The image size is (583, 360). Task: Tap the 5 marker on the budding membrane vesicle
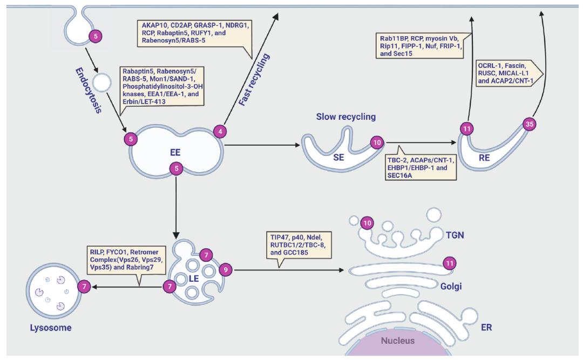click(x=96, y=37)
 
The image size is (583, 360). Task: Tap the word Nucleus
click(x=398, y=341)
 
